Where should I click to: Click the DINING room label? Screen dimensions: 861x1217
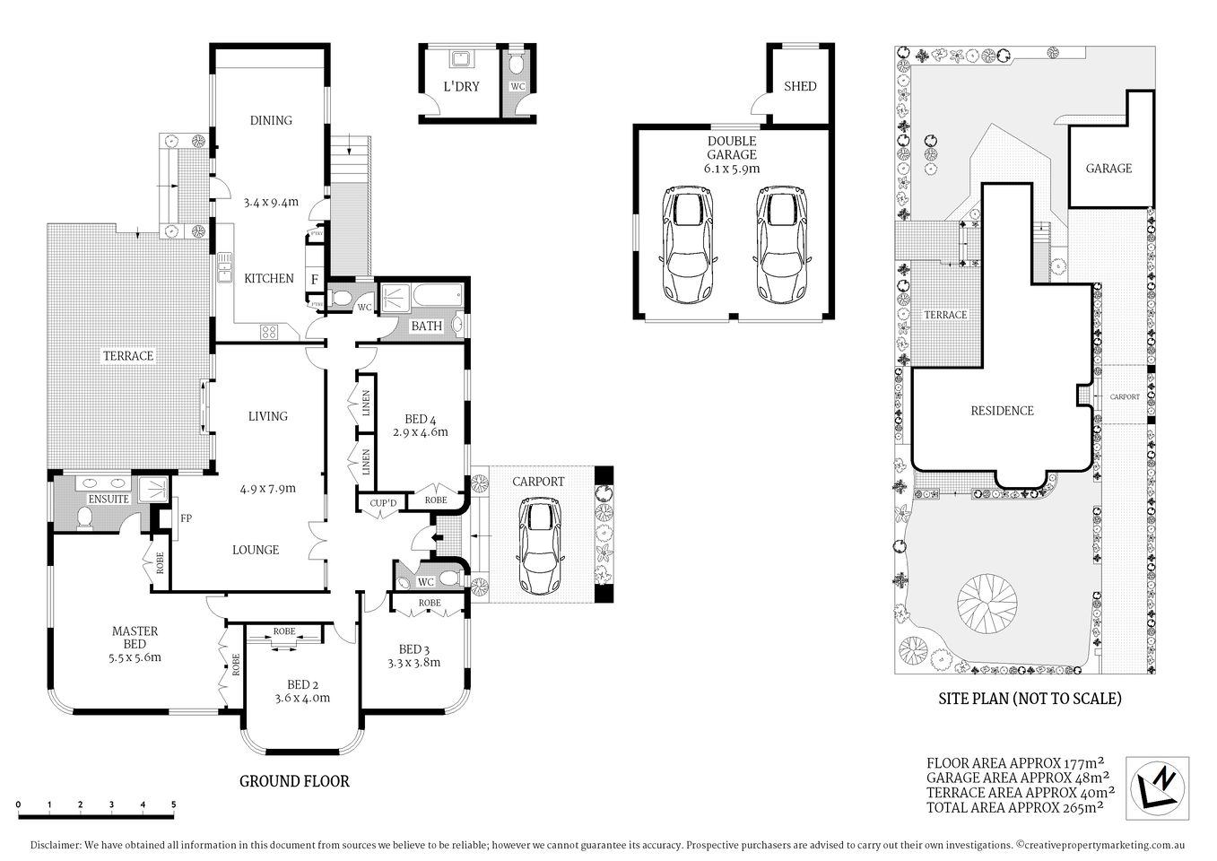(270, 120)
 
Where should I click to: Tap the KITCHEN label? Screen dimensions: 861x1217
(268, 278)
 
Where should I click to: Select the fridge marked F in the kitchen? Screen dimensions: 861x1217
(314, 279)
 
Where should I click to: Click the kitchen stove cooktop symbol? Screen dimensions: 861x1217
(268, 331)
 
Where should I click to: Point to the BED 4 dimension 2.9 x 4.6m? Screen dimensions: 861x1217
(420, 432)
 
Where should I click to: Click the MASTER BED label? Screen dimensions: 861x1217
(135, 638)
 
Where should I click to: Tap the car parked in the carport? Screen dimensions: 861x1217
(537, 547)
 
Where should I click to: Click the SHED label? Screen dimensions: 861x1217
(800, 86)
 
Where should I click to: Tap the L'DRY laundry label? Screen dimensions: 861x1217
(462, 87)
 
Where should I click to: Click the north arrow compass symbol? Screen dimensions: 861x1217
(1158, 787)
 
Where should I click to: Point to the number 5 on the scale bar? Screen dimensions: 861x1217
(173, 804)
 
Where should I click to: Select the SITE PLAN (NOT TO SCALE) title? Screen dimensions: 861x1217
(1030, 699)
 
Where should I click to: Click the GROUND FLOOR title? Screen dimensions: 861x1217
(294, 781)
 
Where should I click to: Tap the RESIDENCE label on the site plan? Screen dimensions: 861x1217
(1002, 411)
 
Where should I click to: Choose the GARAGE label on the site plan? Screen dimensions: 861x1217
(1108, 169)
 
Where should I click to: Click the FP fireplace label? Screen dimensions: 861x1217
(186, 518)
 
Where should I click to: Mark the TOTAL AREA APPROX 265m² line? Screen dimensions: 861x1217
(1014, 807)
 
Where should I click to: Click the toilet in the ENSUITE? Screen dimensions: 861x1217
(85, 518)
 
